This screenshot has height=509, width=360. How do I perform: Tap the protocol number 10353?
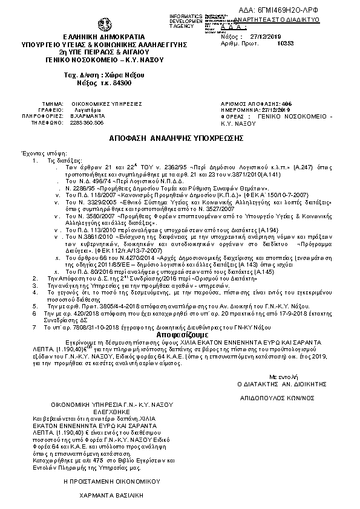(284, 44)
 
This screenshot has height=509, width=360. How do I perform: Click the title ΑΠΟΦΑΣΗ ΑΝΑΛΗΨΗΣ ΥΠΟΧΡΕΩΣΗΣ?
(180, 138)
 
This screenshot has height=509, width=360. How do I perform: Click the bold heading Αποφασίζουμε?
(182, 334)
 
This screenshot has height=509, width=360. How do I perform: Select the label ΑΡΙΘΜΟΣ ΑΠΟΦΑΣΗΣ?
(254, 104)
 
